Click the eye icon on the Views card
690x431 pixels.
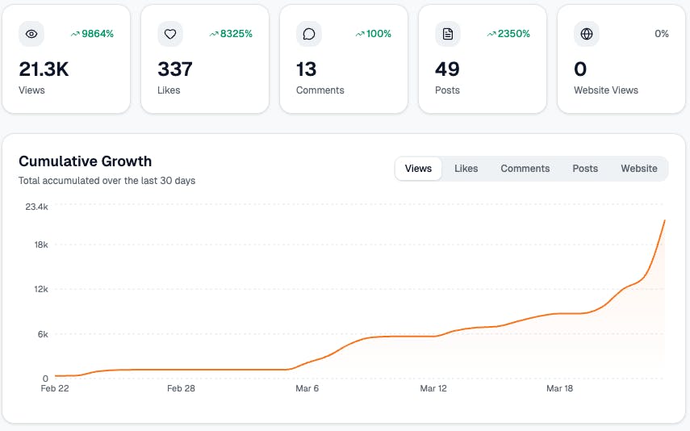pyautogui.click(x=31, y=34)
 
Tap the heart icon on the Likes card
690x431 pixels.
pyautogui.click(x=170, y=34)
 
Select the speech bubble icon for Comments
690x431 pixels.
pyautogui.click(x=309, y=34)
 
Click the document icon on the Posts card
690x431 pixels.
pyautogui.click(x=448, y=34)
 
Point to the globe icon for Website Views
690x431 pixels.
pyautogui.click(x=587, y=34)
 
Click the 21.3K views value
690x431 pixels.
pyautogui.click(x=44, y=69)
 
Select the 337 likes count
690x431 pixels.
pyautogui.click(x=175, y=69)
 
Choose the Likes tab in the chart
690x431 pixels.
pyautogui.click(x=466, y=169)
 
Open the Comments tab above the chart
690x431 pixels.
pyautogui.click(x=525, y=169)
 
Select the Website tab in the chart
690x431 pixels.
pyautogui.click(x=638, y=169)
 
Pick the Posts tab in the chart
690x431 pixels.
pyautogui.click(x=585, y=169)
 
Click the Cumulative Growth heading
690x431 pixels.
pyautogui.click(x=85, y=161)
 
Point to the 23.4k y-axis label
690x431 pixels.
pyautogui.click(x=36, y=207)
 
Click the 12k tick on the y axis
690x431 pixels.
pyautogui.click(x=40, y=289)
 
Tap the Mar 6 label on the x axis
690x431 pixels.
pyautogui.click(x=307, y=388)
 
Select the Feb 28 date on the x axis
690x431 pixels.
pyautogui.click(x=181, y=388)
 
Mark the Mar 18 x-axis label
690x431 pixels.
pyautogui.click(x=559, y=388)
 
